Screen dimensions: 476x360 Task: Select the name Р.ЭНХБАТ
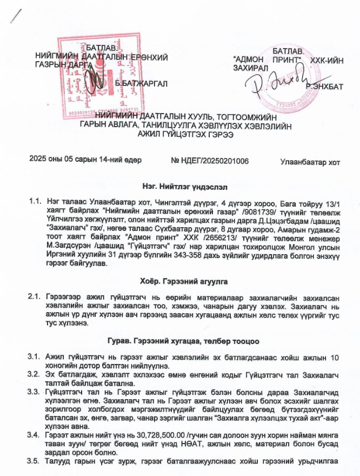pos(324,86)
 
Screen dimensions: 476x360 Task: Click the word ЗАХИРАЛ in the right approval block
pos(248,68)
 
